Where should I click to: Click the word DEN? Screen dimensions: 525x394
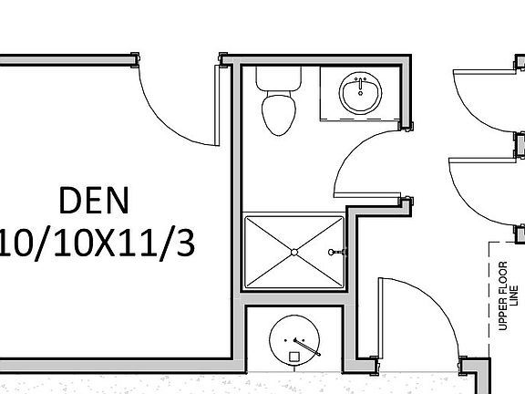[x=94, y=201]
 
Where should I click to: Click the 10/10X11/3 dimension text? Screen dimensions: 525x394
[x=98, y=243]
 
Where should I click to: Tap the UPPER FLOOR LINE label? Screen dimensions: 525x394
[x=509, y=295]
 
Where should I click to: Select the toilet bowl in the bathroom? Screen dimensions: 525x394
[x=279, y=113]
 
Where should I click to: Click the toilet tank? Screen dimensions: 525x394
[x=279, y=78]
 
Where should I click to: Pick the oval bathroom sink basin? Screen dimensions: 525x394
[x=360, y=93]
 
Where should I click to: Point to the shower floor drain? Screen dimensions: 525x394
[x=294, y=252]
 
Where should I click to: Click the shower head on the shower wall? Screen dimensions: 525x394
[x=337, y=252]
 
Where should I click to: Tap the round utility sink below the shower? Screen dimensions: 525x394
[x=294, y=340]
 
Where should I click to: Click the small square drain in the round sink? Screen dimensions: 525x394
[x=294, y=357]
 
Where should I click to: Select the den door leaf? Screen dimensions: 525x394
[x=217, y=106]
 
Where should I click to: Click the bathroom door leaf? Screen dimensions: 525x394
[x=367, y=195]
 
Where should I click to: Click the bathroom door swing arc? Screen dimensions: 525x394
[x=354, y=147]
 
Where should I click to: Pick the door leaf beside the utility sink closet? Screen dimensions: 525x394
[x=380, y=317]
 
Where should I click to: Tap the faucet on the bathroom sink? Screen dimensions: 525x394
[x=360, y=86]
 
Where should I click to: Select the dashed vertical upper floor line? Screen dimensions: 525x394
[x=489, y=300]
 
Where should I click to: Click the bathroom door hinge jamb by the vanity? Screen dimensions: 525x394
[x=406, y=126]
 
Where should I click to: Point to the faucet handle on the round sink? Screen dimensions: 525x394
[x=307, y=347]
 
